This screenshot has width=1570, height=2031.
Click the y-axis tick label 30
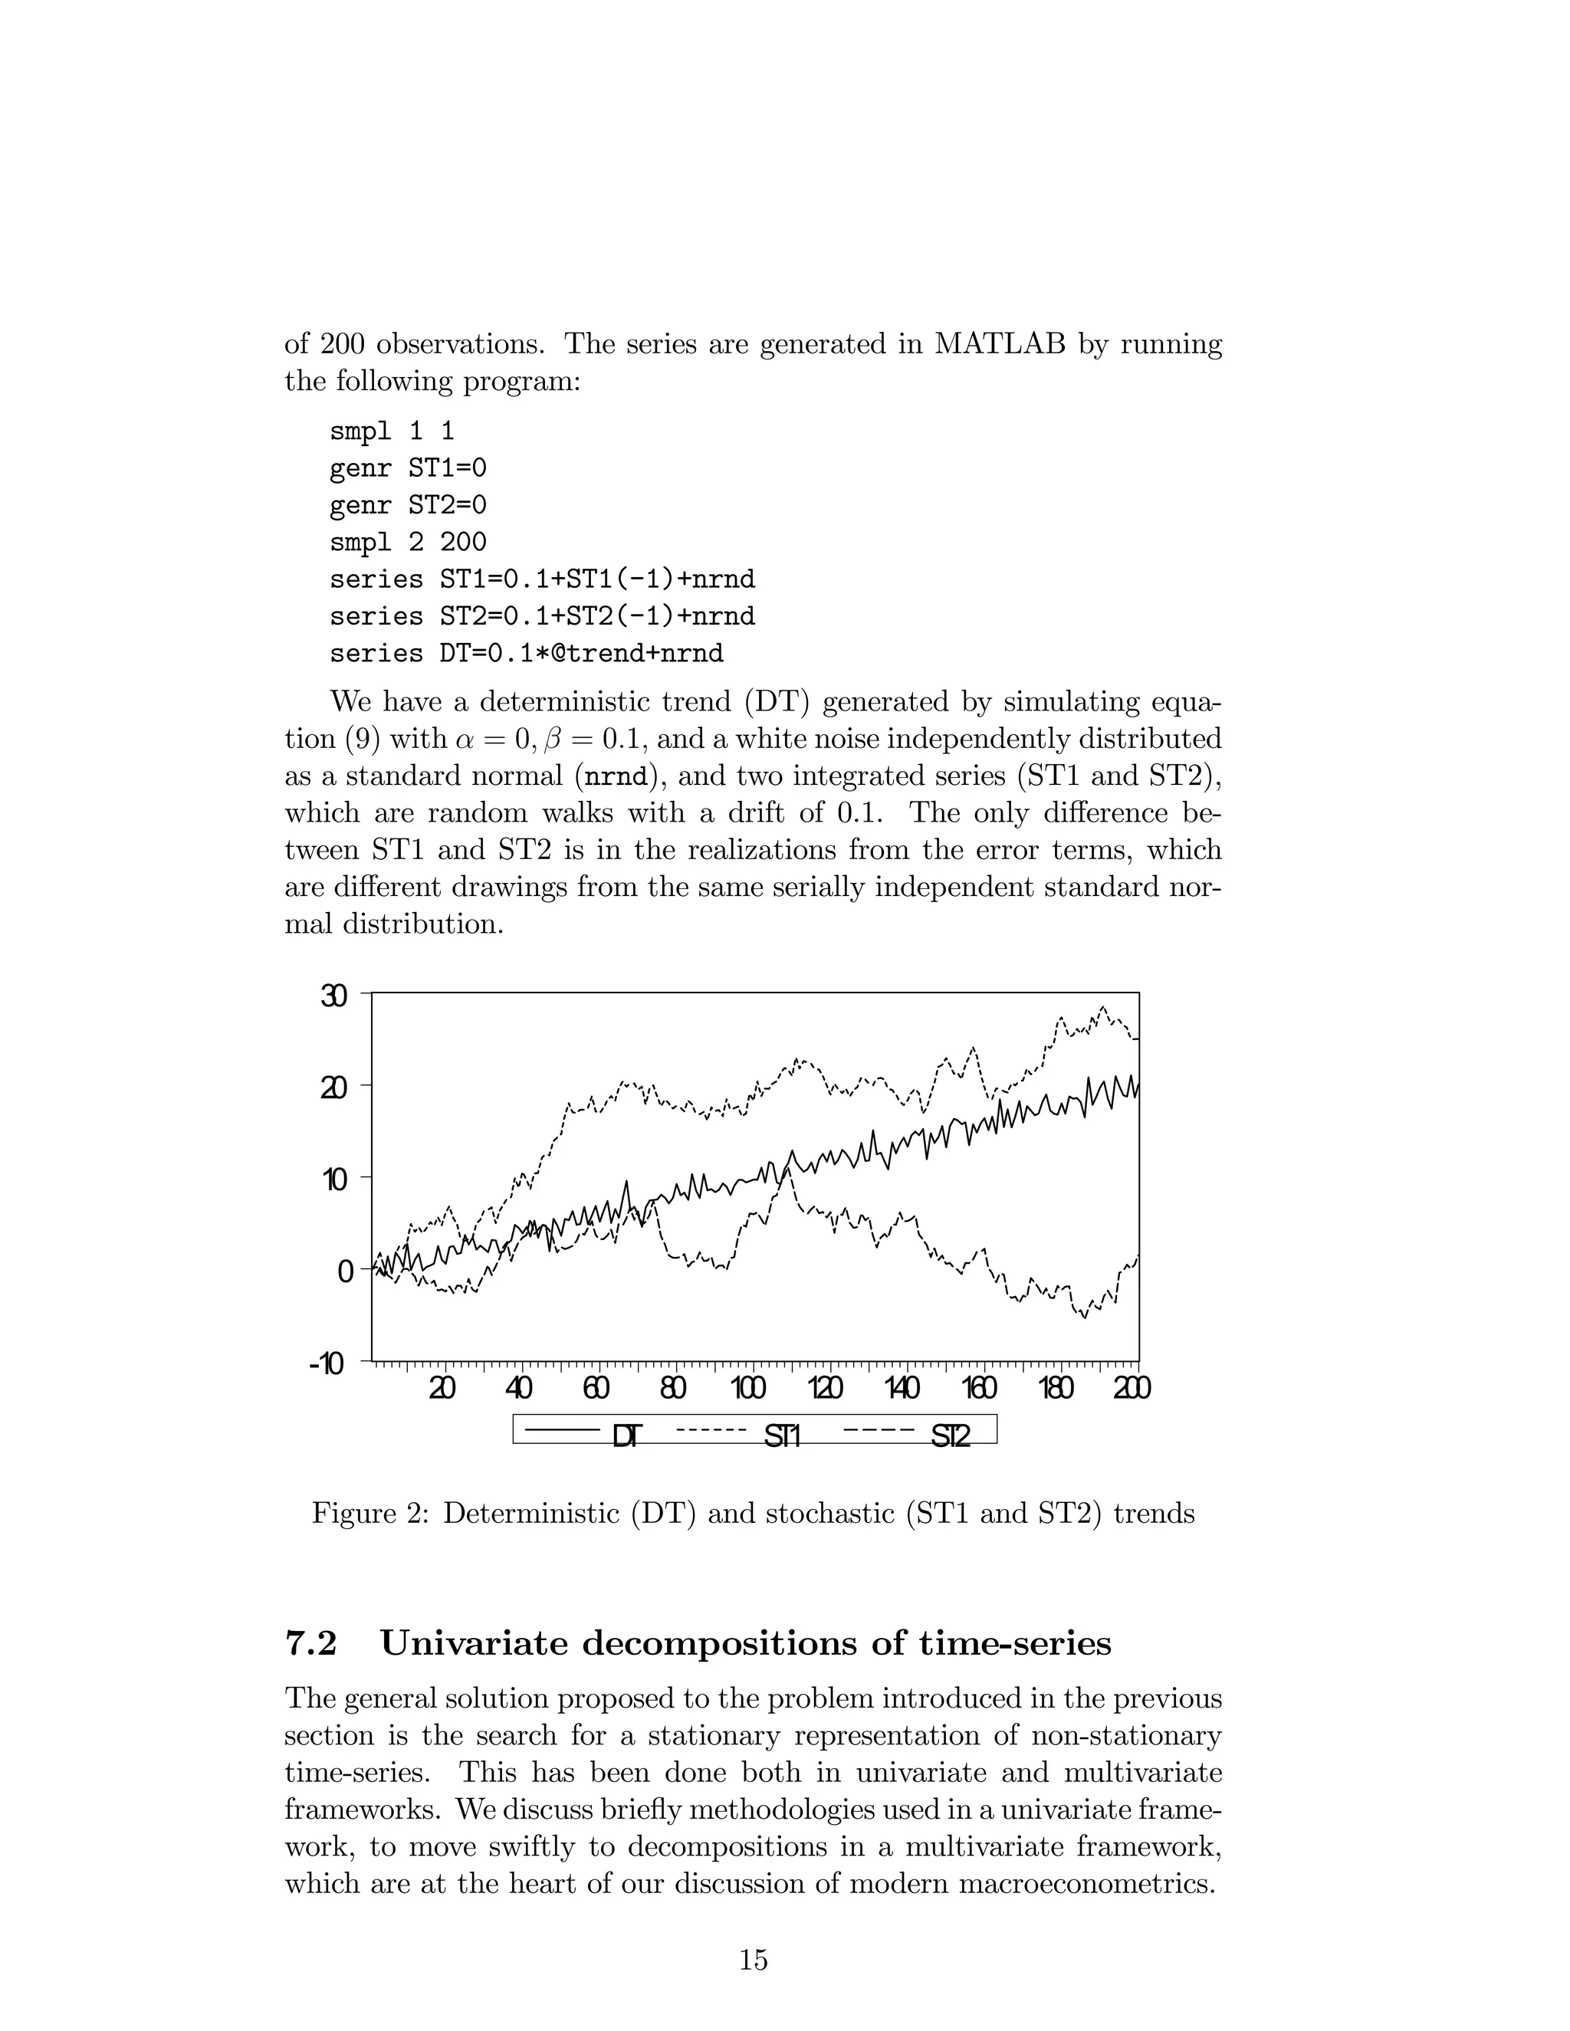click(334, 996)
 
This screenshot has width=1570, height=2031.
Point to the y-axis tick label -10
click(327, 1365)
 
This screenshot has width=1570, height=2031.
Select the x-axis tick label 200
click(1131, 1390)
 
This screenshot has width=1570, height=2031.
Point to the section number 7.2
click(310, 1643)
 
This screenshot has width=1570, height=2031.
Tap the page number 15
click(754, 1960)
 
